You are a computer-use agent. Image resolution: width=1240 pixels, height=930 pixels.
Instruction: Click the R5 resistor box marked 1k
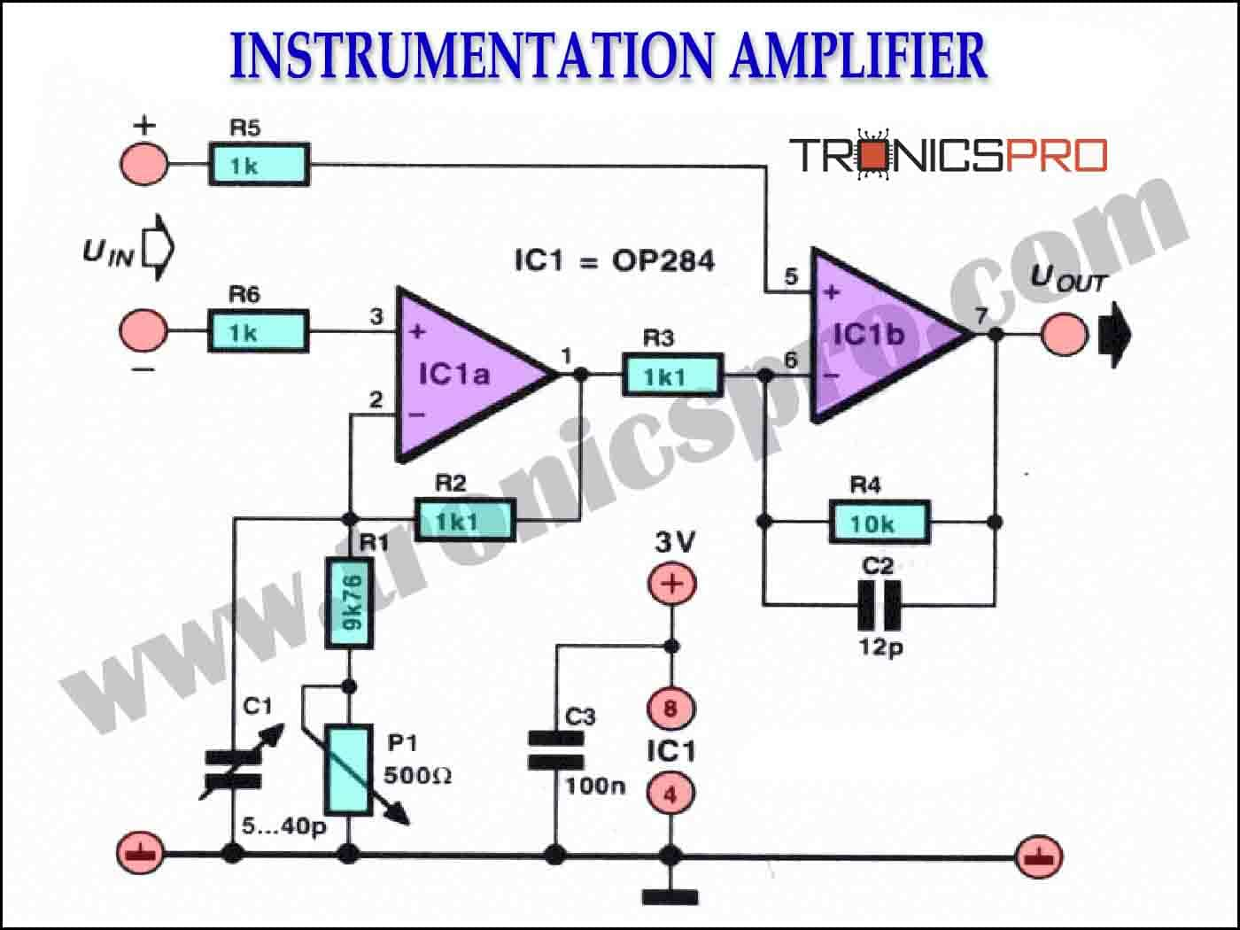[260, 165]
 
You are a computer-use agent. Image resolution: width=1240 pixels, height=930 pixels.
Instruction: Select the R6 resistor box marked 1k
[259, 331]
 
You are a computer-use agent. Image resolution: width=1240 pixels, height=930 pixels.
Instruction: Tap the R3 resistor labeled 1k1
[673, 375]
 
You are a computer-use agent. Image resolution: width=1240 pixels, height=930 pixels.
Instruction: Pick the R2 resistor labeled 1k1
[466, 520]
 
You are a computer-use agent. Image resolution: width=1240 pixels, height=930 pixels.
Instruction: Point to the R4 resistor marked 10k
[880, 522]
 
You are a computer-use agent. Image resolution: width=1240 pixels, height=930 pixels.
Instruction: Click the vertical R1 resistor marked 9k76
[350, 603]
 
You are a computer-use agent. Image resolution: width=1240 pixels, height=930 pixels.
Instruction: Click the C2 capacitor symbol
[879, 606]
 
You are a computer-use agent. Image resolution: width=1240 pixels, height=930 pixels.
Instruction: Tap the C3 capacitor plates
[555, 751]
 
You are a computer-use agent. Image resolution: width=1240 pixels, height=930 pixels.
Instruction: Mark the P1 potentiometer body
[349, 770]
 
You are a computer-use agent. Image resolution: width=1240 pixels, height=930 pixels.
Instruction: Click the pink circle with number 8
[670, 709]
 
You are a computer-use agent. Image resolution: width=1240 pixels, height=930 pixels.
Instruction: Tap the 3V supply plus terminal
[671, 584]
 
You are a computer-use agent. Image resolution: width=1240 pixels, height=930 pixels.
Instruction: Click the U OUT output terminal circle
[1065, 335]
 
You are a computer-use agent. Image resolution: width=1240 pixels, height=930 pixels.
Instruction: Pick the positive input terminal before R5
[144, 165]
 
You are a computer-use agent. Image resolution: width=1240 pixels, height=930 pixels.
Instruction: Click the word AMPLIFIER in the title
[858, 57]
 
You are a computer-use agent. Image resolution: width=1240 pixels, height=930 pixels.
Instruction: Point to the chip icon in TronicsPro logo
[873, 155]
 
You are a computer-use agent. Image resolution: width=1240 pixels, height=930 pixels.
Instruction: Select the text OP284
[663, 261]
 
